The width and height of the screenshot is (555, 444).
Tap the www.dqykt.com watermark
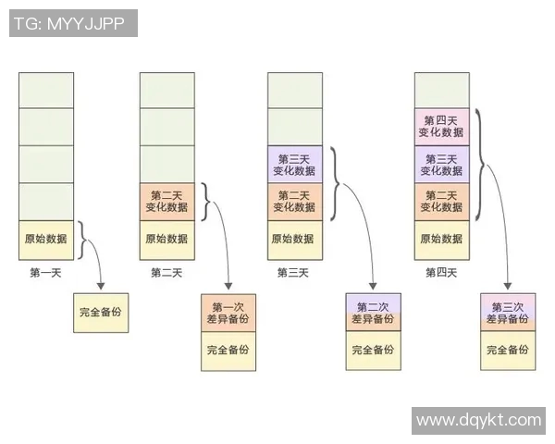[x=478, y=420]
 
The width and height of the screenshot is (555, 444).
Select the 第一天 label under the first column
[x=46, y=273]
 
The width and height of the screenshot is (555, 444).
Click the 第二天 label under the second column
[x=166, y=273]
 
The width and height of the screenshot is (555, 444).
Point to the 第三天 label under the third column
[x=293, y=273]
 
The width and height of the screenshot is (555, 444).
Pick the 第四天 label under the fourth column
[x=441, y=273]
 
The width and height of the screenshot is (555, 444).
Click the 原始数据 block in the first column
[x=46, y=239]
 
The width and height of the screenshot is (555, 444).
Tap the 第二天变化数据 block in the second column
[x=166, y=202]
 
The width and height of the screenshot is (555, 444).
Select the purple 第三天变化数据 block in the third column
[x=295, y=165]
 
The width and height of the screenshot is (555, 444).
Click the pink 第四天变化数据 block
[x=441, y=128]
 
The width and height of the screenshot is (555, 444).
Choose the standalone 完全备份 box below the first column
[x=100, y=313]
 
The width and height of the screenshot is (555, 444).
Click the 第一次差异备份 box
[x=228, y=313]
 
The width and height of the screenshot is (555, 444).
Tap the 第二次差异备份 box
[x=374, y=313]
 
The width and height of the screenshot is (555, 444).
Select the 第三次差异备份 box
[x=508, y=313]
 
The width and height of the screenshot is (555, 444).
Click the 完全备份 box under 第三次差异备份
[x=508, y=350]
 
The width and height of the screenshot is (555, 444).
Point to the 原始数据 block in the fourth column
[x=441, y=239]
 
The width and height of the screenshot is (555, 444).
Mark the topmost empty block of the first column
[x=46, y=90]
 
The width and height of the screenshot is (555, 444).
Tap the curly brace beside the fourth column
[x=484, y=165]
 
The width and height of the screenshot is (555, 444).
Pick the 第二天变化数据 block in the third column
[x=295, y=202]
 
